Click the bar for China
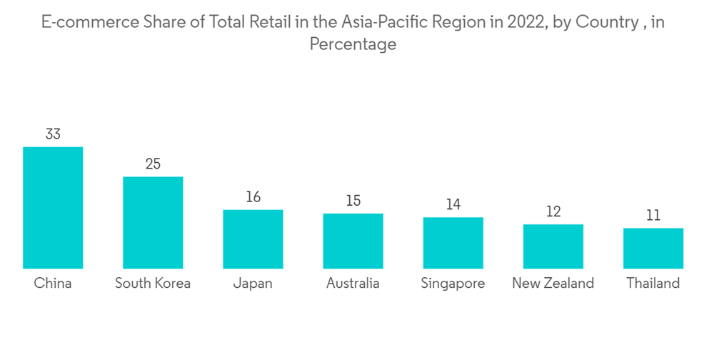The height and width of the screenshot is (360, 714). click(x=53, y=208)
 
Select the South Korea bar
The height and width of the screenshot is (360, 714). click(x=153, y=223)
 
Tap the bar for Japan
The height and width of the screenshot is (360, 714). click(x=253, y=239)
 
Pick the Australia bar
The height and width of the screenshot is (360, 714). click(x=353, y=241)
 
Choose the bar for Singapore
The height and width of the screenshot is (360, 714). click(x=453, y=243)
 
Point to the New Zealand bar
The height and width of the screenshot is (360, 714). click(x=553, y=246)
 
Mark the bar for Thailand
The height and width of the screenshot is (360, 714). click(x=653, y=249)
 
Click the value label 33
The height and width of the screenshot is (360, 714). click(x=53, y=134)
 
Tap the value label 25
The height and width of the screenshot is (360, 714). click(x=153, y=164)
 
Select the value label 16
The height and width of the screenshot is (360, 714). click(x=253, y=196)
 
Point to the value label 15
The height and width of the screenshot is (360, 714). click(x=353, y=201)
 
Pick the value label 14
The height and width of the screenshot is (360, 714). click(x=453, y=204)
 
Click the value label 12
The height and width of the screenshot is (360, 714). click(x=553, y=211)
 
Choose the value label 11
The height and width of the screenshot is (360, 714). click(x=653, y=215)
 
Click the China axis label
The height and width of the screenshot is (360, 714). click(x=53, y=284)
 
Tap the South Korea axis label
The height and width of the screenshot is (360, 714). click(x=153, y=284)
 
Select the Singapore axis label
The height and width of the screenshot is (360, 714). click(x=453, y=284)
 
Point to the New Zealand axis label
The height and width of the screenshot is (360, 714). click(x=553, y=284)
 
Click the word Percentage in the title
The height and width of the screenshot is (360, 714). click(x=353, y=44)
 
